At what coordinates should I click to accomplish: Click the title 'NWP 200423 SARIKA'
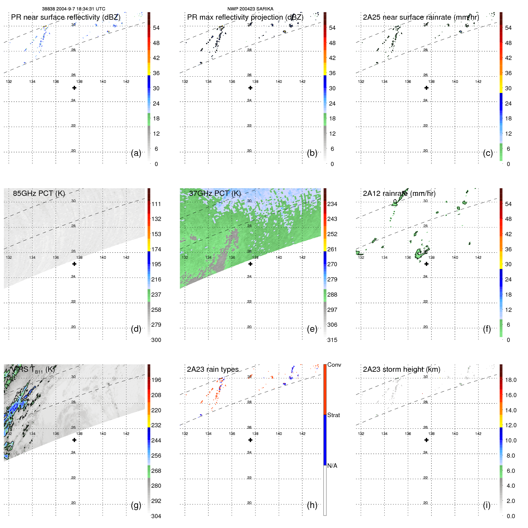250,9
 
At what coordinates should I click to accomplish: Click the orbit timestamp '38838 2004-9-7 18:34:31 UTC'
74,9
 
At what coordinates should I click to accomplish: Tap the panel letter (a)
136,153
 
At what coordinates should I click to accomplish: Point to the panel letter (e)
312,329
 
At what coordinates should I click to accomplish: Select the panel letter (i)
487,505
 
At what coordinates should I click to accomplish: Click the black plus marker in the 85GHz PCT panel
74,264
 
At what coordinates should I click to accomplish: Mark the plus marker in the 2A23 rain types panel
250,440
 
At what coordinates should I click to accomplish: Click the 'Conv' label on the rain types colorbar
334,365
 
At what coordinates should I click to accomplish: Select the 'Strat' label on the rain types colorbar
333,415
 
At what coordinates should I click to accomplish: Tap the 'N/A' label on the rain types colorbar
332,466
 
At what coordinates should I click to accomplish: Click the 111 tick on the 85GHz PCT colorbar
156,204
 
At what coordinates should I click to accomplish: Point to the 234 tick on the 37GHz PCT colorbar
332,204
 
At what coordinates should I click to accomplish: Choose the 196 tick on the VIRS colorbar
156,380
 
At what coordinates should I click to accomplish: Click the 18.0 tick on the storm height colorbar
510,380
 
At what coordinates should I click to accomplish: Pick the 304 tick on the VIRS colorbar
156,516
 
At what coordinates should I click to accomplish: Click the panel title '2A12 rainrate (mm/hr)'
399,193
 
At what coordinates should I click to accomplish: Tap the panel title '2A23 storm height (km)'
402,369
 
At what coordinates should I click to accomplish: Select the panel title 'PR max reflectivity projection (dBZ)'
245,17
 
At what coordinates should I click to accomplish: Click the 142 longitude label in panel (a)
126,81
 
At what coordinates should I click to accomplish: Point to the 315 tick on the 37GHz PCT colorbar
332,340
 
